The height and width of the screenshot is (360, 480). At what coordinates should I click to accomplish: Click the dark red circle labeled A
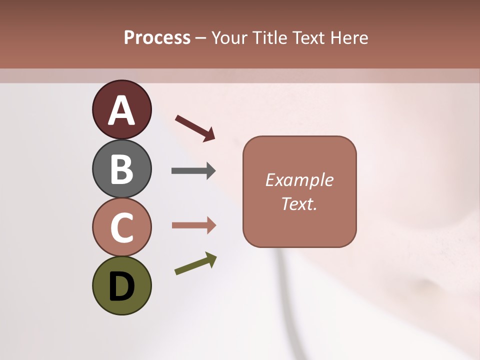click(121, 109)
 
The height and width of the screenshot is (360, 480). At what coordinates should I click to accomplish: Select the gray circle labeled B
click(121, 168)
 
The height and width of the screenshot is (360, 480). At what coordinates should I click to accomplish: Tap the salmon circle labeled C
click(121, 227)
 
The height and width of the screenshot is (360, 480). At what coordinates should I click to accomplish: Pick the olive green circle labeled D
click(121, 286)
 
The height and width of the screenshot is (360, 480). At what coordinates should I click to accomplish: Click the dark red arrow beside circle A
click(195, 128)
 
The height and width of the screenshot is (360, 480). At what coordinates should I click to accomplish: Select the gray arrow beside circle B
click(193, 171)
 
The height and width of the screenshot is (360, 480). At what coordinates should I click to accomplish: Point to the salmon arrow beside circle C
click(193, 225)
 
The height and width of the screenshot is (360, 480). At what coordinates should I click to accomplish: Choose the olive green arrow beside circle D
click(195, 263)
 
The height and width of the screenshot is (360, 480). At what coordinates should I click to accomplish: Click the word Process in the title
click(157, 38)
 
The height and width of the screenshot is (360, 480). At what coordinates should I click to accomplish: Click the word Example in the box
click(299, 180)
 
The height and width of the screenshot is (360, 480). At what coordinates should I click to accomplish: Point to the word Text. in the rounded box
click(299, 203)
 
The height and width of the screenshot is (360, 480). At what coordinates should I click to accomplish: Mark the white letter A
click(121, 110)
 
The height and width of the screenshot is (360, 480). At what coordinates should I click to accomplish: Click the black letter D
click(121, 286)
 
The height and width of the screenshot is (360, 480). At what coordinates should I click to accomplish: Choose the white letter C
click(121, 228)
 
